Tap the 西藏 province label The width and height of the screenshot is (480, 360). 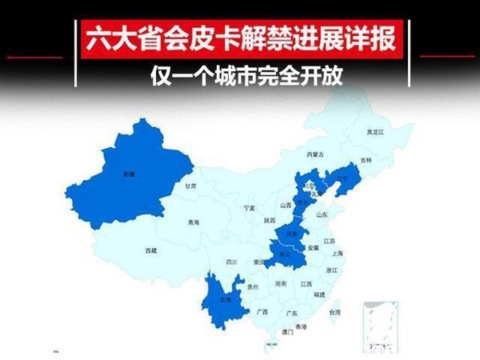[152, 250]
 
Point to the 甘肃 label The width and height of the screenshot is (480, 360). [191, 185]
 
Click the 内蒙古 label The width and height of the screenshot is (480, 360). [316, 154]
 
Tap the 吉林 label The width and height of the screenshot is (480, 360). [366, 160]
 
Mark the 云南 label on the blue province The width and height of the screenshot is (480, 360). [226, 300]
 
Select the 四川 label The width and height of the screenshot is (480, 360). [231, 262]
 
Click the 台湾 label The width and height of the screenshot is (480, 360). [334, 311]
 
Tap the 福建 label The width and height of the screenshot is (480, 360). [319, 295]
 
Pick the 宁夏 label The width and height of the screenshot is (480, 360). [249, 207]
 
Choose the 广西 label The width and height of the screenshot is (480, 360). [262, 311]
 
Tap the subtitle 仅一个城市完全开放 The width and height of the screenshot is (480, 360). [241, 81]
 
